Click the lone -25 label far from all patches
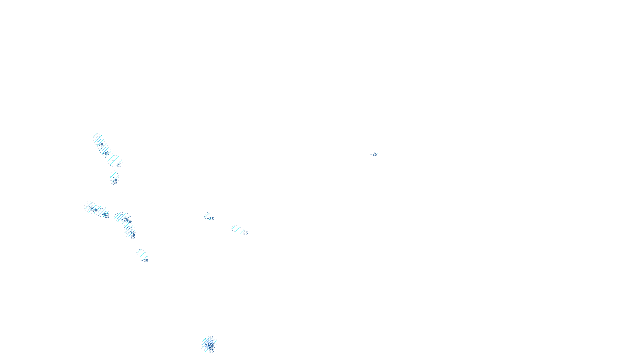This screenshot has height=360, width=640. [374, 154]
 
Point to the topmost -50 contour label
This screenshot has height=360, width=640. [100, 144]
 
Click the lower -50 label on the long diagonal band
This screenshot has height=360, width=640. [107, 153]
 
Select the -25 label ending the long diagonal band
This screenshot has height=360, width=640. [118, 165]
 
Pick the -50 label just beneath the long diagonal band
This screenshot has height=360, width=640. [114, 180]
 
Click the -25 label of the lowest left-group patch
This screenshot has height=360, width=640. [145, 260]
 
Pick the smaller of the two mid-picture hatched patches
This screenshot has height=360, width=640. [207, 216]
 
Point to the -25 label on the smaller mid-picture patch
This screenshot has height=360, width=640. [211, 219]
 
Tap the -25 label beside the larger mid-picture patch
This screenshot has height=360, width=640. [245, 233]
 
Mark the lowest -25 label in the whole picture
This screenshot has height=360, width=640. [211, 351]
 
